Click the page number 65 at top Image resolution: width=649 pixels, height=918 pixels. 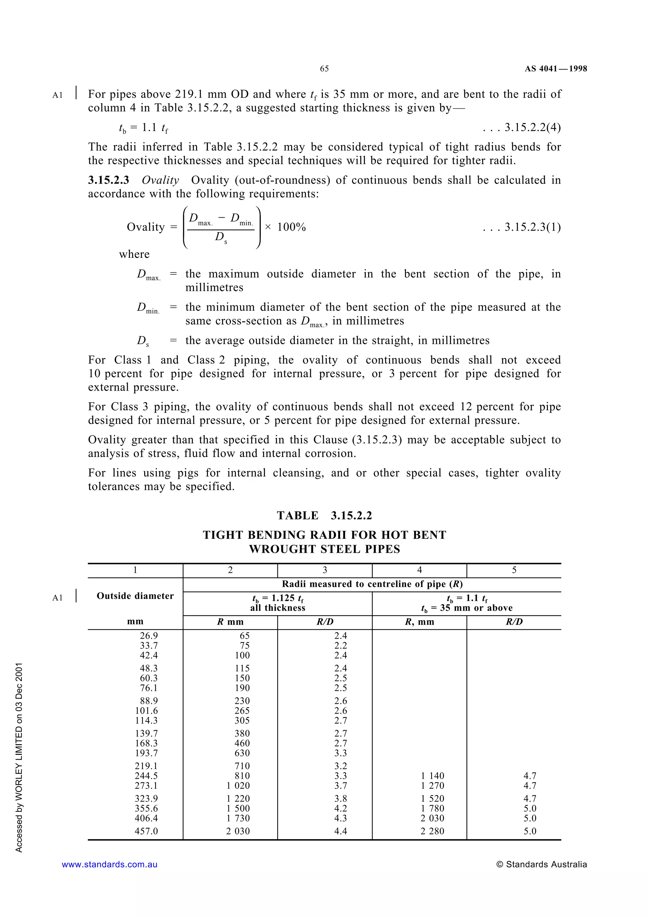pyautogui.click(x=324, y=69)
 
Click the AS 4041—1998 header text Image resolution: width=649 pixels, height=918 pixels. pyautogui.click(x=556, y=69)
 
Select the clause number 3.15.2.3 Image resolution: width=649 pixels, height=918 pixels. pyautogui.click(x=108, y=180)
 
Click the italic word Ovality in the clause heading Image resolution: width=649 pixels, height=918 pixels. pyautogui.click(x=160, y=180)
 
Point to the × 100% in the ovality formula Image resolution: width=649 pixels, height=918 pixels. pyautogui.click(x=285, y=227)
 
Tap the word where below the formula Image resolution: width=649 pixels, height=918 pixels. pyautogui.click(x=134, y=254)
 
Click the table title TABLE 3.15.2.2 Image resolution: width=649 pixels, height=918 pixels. pyautogui.click(x=324, y=516)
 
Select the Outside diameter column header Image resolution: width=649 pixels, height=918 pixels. pyautogui.click(x=135, y=596)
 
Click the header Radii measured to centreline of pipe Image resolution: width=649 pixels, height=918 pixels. pyautogui.click(x=372, y=584)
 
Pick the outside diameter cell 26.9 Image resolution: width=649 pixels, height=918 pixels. pyautogui.click(x=149, y=636)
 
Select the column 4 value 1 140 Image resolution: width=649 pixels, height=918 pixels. pyautogui.click(x=432, y=776)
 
